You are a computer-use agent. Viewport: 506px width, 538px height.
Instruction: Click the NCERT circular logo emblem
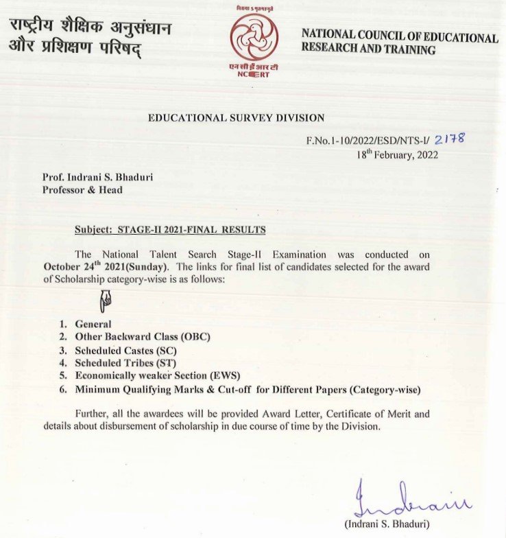click(x=254, y=36)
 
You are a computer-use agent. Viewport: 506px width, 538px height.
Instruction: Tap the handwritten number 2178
click(x=450, y=139)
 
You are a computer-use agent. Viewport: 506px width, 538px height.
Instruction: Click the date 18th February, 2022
click(x=397, y=154)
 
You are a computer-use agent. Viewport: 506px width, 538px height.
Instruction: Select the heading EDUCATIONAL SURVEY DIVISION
click(x=237, y=118)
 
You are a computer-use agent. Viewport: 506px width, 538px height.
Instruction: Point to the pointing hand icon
click(x=108, y=299)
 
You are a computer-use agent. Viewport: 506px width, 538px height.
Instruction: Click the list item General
click(x=93, y=324)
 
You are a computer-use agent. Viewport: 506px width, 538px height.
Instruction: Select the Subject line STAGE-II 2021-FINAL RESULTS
click(x=169, y=229)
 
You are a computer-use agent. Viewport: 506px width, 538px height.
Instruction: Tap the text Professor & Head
click(x=82, y=189)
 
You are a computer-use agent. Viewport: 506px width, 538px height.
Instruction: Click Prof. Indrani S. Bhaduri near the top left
click(x=97, y=177)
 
